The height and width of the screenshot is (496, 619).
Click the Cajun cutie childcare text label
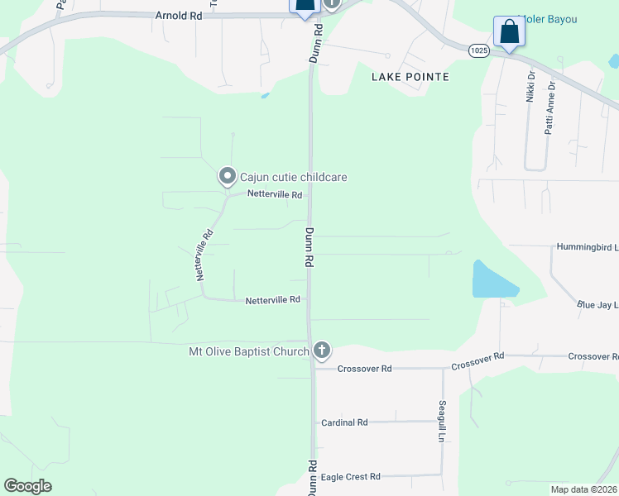(293, 177)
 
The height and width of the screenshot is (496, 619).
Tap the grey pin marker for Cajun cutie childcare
(227, 176)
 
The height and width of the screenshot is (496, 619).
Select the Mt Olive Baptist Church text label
(248, 351)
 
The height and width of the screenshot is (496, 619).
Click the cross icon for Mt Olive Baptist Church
(322, 351)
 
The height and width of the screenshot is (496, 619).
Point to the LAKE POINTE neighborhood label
(410, 77)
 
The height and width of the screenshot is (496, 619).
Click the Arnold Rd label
(178, 16)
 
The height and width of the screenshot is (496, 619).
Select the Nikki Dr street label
(530, 86)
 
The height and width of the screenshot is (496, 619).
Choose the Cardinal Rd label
(344, 422)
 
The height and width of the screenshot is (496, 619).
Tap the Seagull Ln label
(442, 422)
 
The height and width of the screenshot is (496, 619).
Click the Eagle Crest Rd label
(350, 477)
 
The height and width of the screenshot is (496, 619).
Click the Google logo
(27, 486)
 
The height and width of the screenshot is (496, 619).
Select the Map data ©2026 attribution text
(583, 489)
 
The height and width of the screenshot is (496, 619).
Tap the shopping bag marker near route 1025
(508, 33)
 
